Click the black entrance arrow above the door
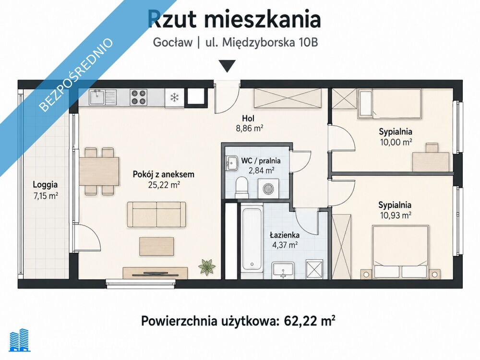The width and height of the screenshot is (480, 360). point(227,66)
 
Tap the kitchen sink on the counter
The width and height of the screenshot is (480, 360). point(98,97)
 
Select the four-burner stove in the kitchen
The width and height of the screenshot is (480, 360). point(138,97)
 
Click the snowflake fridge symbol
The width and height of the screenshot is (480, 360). point(175,97)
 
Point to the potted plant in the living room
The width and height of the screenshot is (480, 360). point(207,266)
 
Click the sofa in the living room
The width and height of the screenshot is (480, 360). point(156,214)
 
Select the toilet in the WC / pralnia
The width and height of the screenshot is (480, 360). point(242,187)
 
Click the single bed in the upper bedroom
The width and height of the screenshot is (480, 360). point(390,104)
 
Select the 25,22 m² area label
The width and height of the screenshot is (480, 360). point(163,185)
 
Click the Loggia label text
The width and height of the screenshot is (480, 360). point(45,185)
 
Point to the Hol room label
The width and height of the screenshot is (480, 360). point(248,118)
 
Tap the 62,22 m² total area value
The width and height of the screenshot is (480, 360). point(310,321)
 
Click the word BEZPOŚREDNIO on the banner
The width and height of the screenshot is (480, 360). point(76,74)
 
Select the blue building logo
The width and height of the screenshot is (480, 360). point(20,340)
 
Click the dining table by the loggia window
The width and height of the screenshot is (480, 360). point(99,171)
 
